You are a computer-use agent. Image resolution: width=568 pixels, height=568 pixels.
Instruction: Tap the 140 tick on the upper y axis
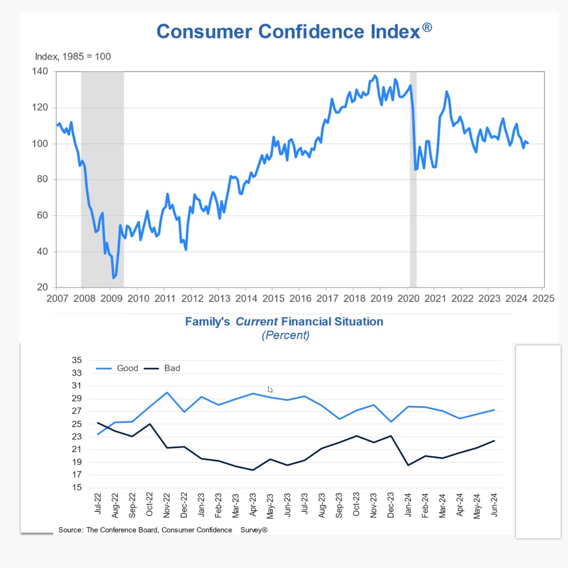40,71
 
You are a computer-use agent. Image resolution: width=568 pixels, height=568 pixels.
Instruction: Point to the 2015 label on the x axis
273,299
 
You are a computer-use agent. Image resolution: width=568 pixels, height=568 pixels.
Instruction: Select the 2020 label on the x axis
408,299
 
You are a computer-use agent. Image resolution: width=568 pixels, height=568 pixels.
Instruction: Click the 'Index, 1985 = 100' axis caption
73,56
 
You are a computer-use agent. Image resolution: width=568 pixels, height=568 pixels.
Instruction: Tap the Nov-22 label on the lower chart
167,505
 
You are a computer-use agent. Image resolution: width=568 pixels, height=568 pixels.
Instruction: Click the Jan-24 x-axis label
408,505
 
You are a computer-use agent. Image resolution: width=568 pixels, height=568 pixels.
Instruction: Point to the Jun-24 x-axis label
494,505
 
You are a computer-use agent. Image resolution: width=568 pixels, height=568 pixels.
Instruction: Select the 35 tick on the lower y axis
77,360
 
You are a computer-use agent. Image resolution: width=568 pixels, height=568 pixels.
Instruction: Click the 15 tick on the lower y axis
77,487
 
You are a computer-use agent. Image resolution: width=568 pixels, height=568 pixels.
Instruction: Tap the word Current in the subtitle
256,322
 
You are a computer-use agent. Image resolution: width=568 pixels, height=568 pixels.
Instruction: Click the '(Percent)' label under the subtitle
286,335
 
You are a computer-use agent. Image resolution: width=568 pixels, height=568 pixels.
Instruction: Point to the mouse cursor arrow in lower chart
270,389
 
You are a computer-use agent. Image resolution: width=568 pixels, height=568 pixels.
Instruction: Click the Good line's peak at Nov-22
167,392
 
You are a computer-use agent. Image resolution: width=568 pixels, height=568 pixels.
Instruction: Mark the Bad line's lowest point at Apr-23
253,470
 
